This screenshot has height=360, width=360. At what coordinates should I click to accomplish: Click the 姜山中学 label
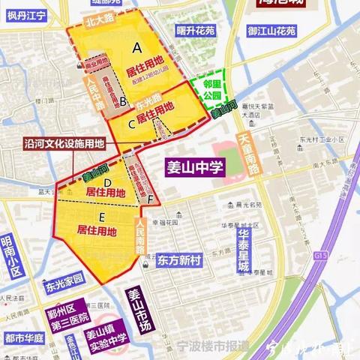pos(193,166)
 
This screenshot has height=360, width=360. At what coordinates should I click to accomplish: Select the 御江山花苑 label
pos(269,32)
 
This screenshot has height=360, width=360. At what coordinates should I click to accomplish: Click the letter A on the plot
pos(136,46)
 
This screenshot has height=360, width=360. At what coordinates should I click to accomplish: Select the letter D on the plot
pos(108,182)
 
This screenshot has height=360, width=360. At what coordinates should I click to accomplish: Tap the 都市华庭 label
pos(22,338)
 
